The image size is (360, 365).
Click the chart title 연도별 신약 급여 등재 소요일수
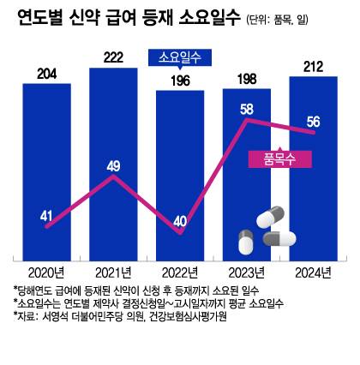click(129, 21)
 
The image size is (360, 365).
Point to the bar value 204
click(46, 74)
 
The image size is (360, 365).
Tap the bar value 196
click(180, 81)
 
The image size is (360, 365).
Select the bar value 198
click(247, 79)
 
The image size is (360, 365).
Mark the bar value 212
click(313, 66)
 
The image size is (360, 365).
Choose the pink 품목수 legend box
click(273, 159)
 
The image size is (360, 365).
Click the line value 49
click(112, 166)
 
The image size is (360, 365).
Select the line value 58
click(247, 109)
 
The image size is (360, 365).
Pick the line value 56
click(313, 121)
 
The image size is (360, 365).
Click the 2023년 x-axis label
click(247, 272)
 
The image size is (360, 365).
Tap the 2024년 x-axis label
click(313, 272)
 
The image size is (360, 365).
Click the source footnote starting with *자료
click(120, 317)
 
